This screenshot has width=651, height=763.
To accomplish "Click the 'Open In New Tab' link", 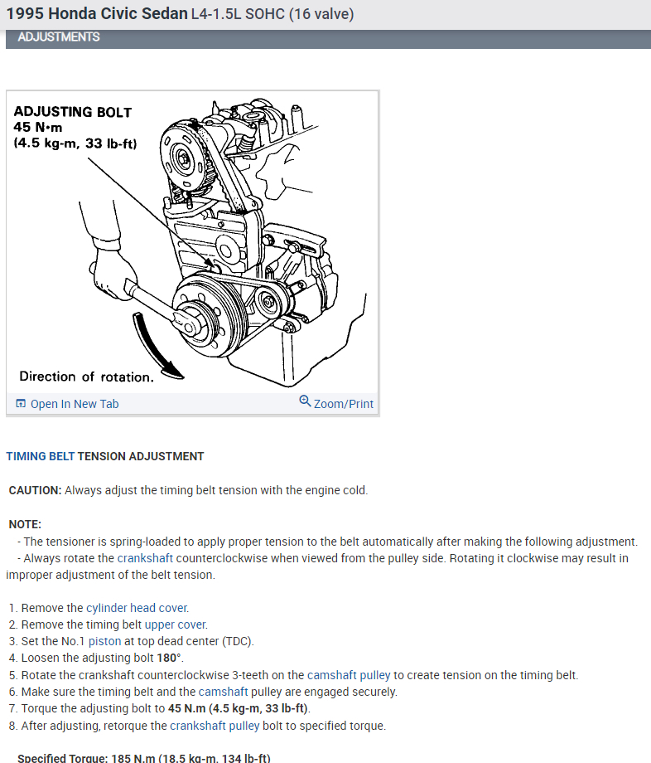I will click(x=75, y=404).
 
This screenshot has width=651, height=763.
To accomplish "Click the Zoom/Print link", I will click(x=343, y=404).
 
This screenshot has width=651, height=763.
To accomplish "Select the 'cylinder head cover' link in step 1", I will click(x=137, y=608).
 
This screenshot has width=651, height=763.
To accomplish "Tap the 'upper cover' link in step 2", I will click(x=176, y=624).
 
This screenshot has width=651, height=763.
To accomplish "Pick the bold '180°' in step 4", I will click(x=169, y=658).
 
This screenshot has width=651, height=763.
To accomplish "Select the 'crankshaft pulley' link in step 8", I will click(x=215, y=725).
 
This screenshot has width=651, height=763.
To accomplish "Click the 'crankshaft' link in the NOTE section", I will click(x=145, y=558).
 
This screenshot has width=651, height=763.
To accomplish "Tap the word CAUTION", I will click(x=35, y=490).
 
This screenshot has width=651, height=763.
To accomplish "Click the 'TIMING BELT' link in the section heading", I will click(x=40, y=456).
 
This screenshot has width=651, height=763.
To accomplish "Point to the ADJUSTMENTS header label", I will click(x=58, y=37).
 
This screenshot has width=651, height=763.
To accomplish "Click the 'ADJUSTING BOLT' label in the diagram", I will click(x=73, y=112).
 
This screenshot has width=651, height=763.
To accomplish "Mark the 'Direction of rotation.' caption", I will click(x=86, y=377).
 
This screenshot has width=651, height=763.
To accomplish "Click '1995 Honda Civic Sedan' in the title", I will click(x=96, y=14).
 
